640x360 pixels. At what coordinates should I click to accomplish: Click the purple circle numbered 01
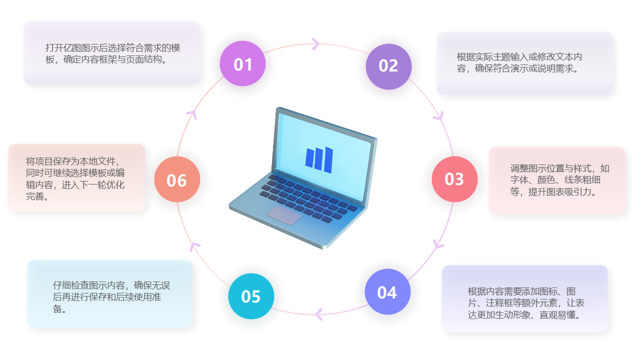[x=242, y=64]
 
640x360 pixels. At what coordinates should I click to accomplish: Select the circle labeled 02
[x=388, y=66]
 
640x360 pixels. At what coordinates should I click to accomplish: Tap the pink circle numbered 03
[x=454, y=179]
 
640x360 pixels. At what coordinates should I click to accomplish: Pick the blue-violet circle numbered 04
[x=387, y=292]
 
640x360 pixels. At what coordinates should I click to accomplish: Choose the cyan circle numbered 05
[x=251, y=296]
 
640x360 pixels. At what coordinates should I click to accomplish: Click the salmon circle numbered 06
[x=177, y=180]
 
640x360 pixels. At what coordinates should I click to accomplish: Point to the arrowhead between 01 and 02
[x=315, y=44]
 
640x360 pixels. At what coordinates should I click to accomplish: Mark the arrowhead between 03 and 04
[x=438, y=244]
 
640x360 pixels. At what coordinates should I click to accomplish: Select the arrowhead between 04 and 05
[x=318, y=314]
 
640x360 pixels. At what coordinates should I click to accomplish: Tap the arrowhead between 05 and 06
[x=194, y=245]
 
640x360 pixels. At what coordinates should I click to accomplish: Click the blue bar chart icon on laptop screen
[x=319, y=159]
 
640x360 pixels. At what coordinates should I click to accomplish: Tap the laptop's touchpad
[x=284, y=215]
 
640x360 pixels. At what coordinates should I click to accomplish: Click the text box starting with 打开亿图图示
[x=112, y=53]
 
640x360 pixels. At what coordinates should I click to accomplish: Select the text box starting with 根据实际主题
[x=524, y=63]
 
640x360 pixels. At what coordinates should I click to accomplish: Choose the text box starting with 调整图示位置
[x=557, y=180]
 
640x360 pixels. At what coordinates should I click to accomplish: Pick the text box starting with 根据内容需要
[x=524, y=298]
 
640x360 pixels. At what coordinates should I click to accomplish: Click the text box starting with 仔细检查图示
[x=110, y=294]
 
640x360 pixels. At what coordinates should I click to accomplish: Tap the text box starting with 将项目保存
[x=76, y=178]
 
